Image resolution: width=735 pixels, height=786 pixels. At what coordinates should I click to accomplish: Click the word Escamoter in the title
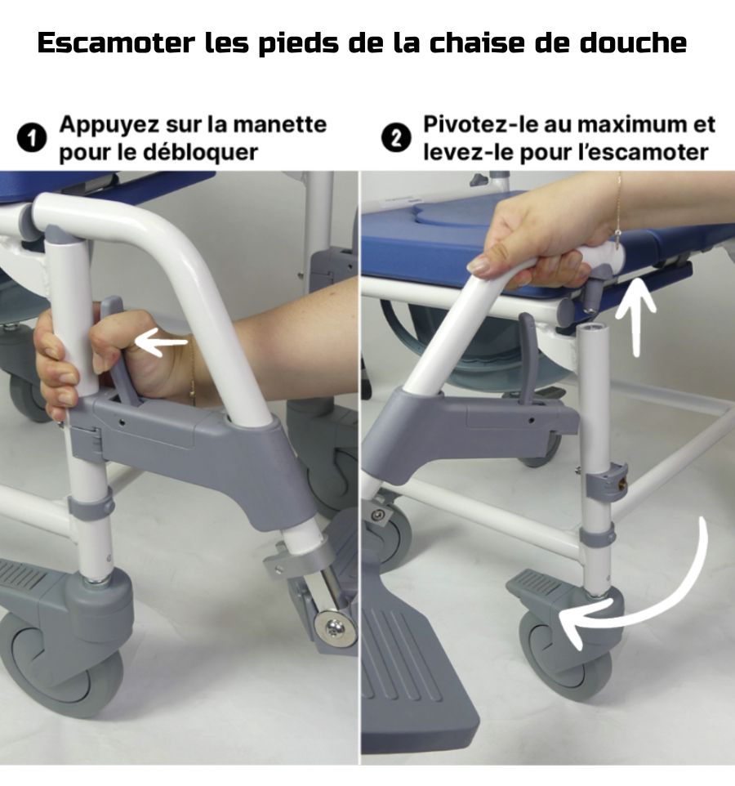116,42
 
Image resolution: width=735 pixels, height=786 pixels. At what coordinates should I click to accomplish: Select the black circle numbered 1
32,138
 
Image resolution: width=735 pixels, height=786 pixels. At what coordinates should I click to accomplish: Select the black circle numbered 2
396,138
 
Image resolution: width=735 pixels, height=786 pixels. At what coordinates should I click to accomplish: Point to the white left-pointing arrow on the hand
162,343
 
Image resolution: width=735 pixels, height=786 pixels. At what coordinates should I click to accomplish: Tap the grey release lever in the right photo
528,357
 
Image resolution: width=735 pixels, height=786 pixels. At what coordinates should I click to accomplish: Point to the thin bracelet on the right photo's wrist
621,211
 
